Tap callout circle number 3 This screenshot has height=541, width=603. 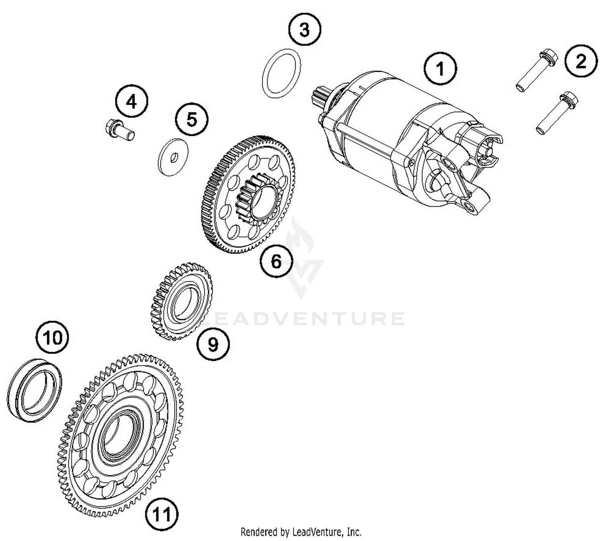(x=305, y=30)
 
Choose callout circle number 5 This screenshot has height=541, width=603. (x=192, y=119)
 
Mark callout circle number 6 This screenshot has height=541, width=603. (x=276, y=261)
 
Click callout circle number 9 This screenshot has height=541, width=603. (x=213, y=344)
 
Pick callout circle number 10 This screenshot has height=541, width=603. (x=52, y=337)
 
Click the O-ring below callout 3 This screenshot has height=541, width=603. (x=281, y=74)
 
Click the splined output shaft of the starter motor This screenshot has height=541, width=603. (x=320, y=97)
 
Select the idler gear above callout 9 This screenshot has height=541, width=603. (x=182, y=301)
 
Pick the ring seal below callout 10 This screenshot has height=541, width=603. (x=35, y=389)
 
